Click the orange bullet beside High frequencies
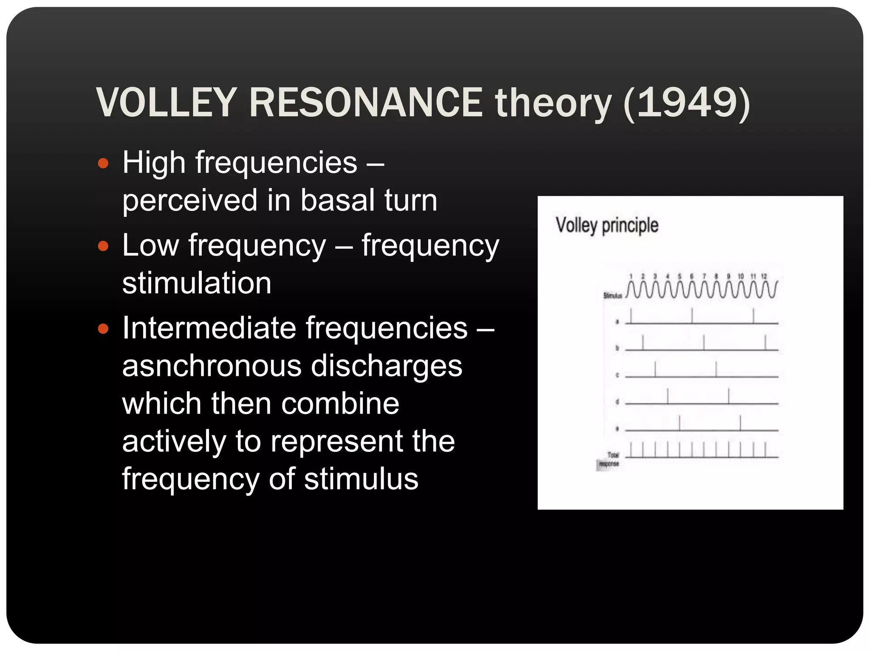click(x=103, y=164)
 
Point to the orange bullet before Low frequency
click(x=103, y=246)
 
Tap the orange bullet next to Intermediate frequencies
click(x=103, y=329)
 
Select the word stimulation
click(x=197, y=283)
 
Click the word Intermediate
click(x=209, y=328)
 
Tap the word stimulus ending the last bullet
click(x=361, y=479)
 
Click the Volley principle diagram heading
click(x=607, y=225)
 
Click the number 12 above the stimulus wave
click(x=764, y=276)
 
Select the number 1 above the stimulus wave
click(x=631, y=276)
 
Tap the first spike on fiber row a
click(x=631, y=316)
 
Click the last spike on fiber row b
click(x=765, y=343)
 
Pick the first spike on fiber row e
click(x=679, y=423)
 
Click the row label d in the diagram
click(x=617, y=402)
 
